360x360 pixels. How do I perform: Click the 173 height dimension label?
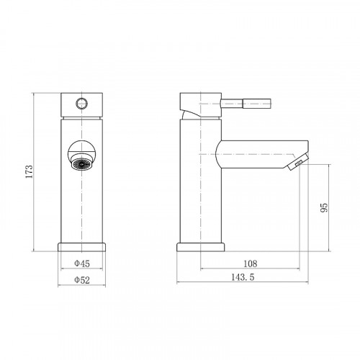pos(29,171)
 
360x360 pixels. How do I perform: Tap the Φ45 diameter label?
pos(82,264)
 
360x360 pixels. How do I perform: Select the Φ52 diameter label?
pos(82,280)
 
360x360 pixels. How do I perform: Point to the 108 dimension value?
pos(251,264)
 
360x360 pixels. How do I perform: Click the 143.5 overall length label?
pos(243,277)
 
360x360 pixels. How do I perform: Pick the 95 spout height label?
pos(324,207)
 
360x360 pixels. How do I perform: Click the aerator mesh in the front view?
pos(82,163)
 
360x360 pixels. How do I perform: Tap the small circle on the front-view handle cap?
pos(82,104)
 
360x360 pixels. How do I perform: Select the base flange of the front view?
pos(82,247)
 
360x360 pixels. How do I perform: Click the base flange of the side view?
pos(201,247)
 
